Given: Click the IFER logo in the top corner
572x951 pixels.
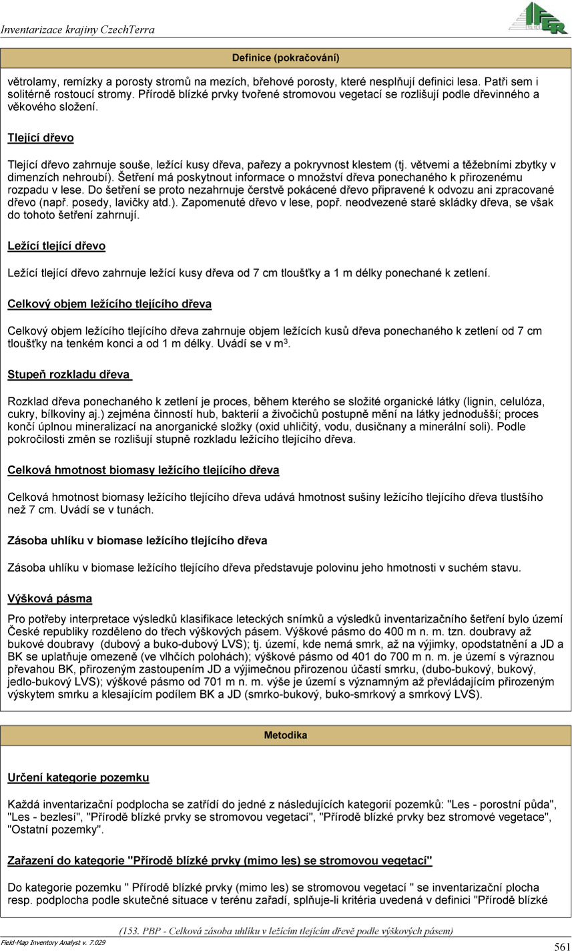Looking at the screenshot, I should tap(537, 18).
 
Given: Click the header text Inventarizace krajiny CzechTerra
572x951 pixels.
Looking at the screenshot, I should tap(78, 29).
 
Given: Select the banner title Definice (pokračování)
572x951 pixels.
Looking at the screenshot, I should tap(286, 57).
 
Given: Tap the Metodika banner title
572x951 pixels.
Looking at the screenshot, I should tap(286, 735).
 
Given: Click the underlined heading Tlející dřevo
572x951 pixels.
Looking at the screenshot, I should tap(41, 138).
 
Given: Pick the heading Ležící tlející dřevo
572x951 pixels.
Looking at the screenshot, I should tap(56, 246).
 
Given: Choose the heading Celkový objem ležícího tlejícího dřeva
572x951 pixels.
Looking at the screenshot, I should tap(109, 304).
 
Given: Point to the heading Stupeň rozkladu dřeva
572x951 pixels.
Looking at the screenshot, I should tap(69, 374).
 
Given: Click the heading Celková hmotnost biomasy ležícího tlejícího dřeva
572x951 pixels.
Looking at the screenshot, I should tap(143, 470).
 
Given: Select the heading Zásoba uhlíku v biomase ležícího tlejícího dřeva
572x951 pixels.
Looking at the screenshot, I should tap(137, 540).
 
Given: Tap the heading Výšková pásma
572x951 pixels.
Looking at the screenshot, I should tap(49, 598).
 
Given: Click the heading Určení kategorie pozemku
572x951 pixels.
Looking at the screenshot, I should tap(78, 777).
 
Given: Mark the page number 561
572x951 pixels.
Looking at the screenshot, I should tap(561, 945).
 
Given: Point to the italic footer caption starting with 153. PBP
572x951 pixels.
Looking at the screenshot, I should tap(286, 930).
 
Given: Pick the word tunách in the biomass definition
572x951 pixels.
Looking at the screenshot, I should tap(136, 510).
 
